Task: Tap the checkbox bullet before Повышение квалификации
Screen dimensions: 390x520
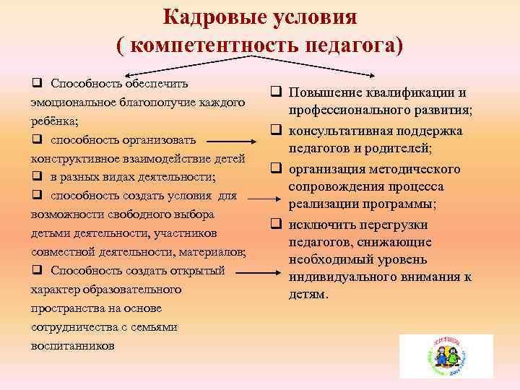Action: [x=275, y=93]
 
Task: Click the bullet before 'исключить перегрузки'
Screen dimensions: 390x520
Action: [x=275, y=225]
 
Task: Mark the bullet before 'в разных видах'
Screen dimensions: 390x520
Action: [x=37, y=177]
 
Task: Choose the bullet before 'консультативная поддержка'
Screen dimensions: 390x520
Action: [x=275, y=131]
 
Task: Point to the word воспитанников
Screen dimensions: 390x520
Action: [x=72, y=345]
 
